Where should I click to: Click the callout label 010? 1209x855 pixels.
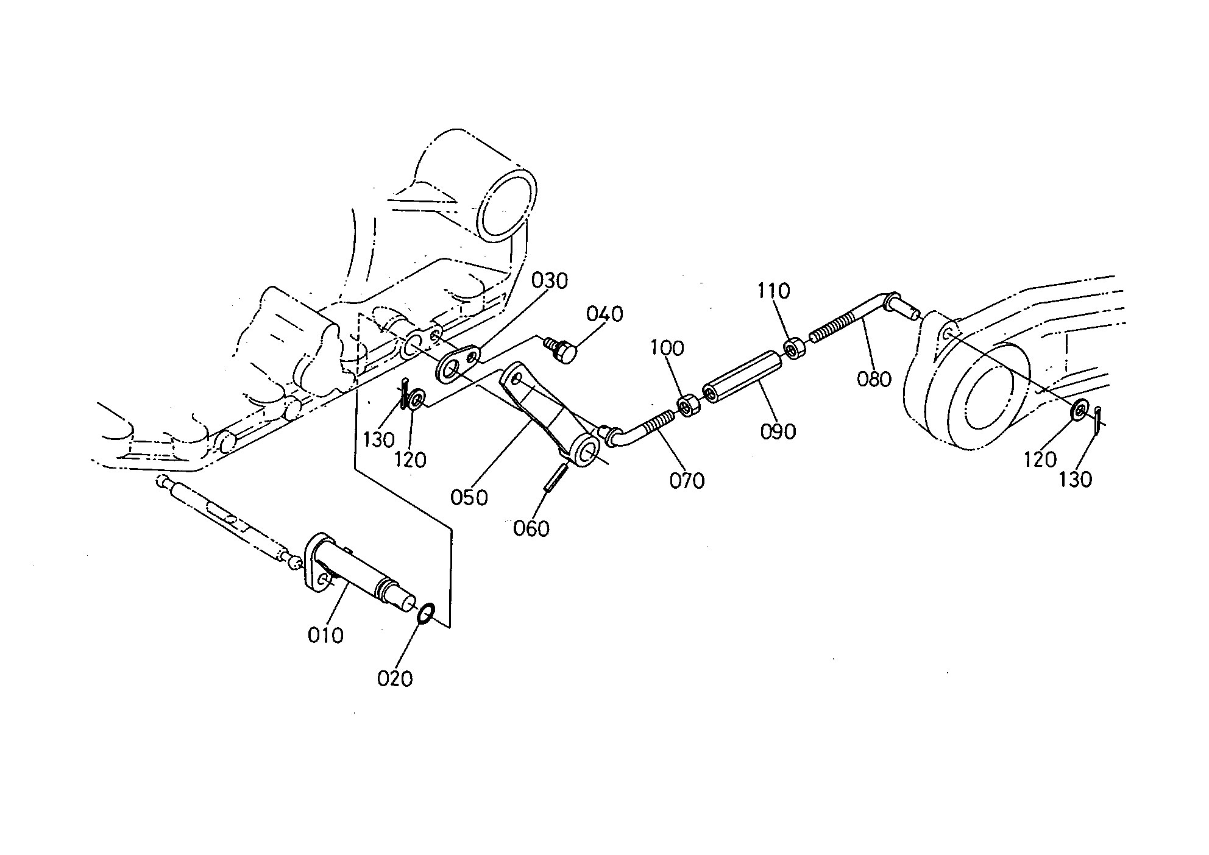[325, 636]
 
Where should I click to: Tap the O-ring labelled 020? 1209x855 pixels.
[425, 613]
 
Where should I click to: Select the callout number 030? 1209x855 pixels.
[549, 281]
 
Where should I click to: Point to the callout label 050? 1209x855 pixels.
[469, 498]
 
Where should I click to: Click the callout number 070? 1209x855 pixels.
[687, 481]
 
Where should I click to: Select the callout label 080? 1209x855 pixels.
[874, 379]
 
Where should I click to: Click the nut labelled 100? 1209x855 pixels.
[689, 405]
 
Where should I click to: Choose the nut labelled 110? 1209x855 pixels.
[793, 350]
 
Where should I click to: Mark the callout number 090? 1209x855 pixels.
[778, 431]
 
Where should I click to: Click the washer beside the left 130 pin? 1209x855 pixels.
[417, 400]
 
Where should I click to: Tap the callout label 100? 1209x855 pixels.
[667, 348]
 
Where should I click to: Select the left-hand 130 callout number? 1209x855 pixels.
[379, 439]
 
